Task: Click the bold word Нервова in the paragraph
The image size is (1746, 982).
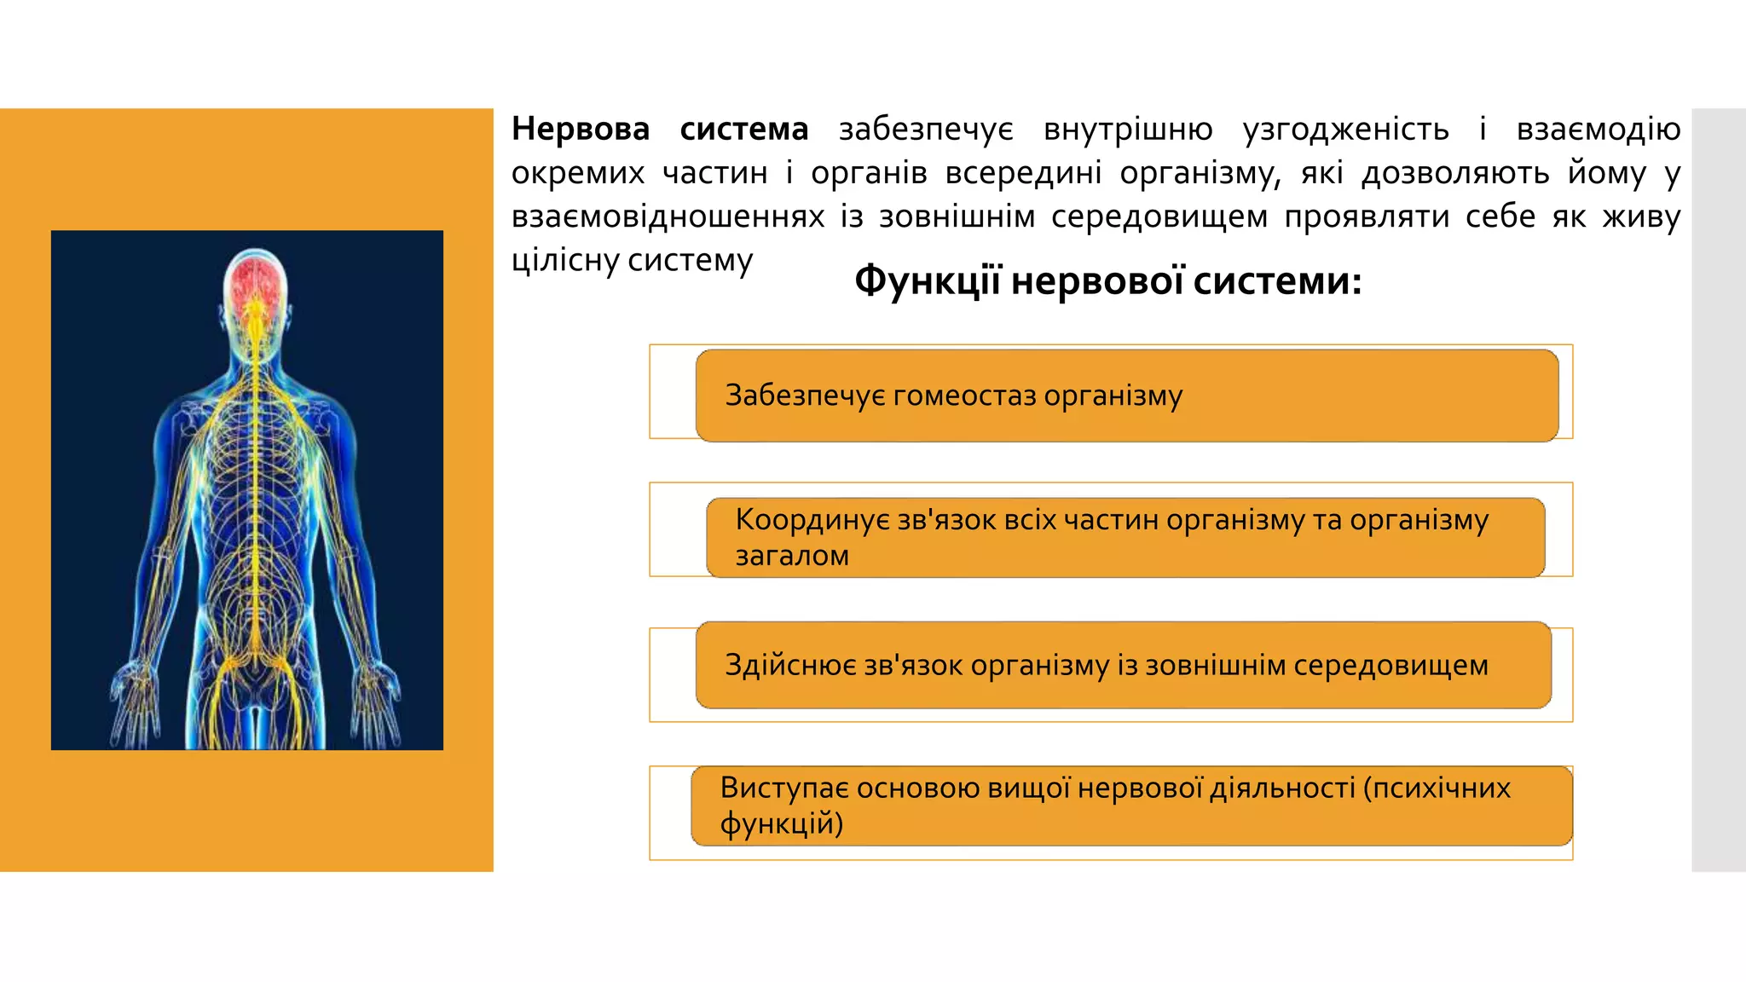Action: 580,130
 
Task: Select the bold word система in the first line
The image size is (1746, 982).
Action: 743,130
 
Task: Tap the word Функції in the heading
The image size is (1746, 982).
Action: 927,281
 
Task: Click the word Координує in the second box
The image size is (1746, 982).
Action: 812,520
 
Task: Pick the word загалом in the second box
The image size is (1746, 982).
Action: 792,556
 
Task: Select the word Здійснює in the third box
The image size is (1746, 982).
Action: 789,665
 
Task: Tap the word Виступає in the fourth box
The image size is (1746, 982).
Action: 783,788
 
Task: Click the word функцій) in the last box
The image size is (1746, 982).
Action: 781,823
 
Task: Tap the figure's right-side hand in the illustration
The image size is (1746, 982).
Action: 377,695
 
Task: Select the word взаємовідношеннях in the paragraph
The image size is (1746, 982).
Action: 668,217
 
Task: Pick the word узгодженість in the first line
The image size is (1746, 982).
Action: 1345,130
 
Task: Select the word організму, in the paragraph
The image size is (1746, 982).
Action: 1200,173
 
